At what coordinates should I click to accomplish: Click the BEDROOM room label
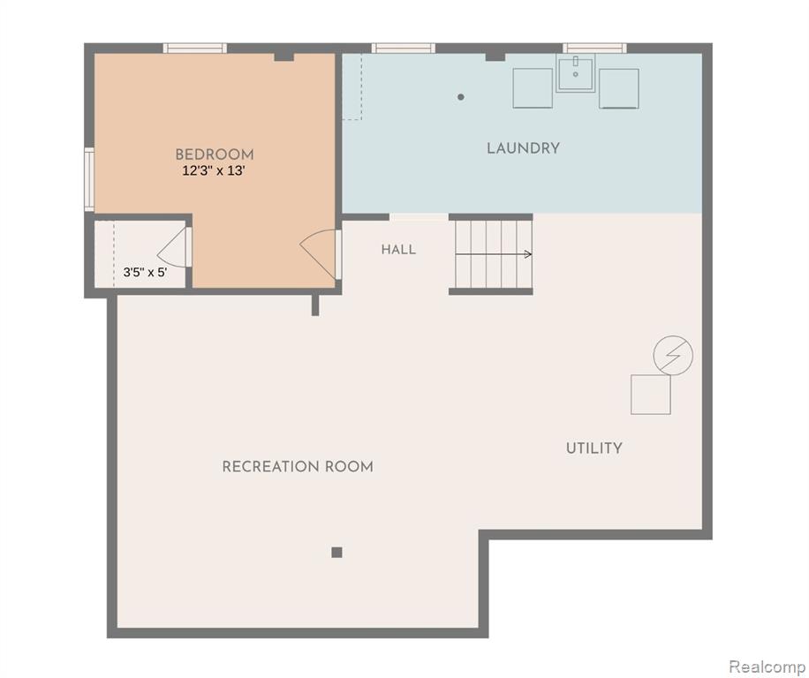[x=214, y=154]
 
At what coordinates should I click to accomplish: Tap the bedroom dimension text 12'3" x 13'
[x=213, y=170]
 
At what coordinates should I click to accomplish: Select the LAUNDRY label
[x=523, y=148]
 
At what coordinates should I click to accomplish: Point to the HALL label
[x=398, y=250]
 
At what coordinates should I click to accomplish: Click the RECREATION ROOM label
[x=298, y=467]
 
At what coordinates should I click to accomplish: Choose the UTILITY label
[x=594, y=448]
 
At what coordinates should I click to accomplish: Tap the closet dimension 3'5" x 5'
[x=145, y=272]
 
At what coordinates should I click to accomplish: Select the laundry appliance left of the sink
[x=533, y=88]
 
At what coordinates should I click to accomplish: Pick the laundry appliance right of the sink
[x=619, y=88]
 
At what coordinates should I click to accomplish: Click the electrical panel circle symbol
[x=673, y=355]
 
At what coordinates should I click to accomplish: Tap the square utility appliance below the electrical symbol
[x=651, y=395]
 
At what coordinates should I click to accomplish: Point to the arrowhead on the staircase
[x=528, y=254]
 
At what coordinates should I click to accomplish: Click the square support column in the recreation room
[x=336, y=553]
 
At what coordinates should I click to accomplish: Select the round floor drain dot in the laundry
[x=461, y=97]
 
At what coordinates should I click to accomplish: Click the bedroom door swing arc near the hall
[x=314, y=246]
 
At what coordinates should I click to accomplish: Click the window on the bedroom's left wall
[x=89, y=179]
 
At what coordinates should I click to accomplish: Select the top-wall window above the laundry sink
[x=595, y=49]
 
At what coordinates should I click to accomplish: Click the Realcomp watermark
[x=767, y=667]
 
